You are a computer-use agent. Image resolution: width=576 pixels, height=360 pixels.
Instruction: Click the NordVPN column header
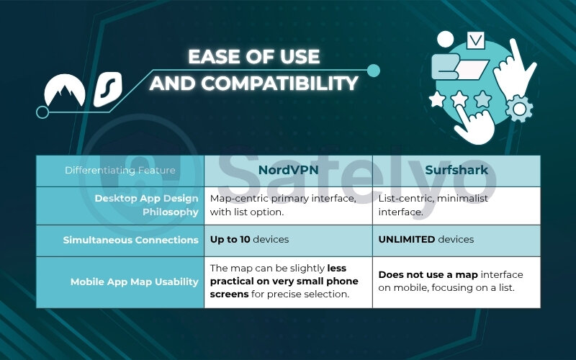[x=288, y=170]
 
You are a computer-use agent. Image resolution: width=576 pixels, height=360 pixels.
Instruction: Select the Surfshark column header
[x=456, y=170]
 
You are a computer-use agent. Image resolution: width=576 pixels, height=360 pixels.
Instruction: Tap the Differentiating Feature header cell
[x=120, y=171]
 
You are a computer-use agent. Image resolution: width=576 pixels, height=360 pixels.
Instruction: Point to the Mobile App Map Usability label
[x=134, y=282]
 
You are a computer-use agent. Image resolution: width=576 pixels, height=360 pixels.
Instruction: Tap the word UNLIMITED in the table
[x=407, y=239]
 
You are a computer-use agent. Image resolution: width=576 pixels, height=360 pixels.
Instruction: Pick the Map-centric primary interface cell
[x=282, y=205]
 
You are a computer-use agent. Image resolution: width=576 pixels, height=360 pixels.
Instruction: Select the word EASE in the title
[x=215, y=57]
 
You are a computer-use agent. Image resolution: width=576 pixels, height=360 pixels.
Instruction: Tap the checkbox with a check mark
[x=476, y=40]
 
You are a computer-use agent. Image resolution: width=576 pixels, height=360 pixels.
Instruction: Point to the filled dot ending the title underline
[x=373, y=70]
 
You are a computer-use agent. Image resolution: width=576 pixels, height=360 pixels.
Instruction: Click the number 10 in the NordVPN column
[x=245, y=239]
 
